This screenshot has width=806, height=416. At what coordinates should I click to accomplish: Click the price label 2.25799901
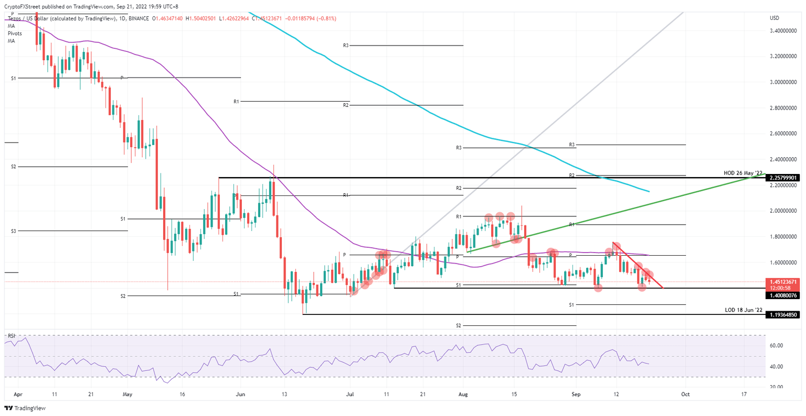point(783,178)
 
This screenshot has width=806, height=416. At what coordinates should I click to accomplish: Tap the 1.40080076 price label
point(783,295)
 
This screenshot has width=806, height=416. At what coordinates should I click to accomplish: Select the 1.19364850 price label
point(783,315)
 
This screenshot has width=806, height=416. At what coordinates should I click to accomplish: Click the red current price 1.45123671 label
point(783,282)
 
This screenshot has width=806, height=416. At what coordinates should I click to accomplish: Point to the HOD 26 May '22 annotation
point(743,173)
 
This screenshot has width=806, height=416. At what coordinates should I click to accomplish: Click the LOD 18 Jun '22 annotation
point(743,310)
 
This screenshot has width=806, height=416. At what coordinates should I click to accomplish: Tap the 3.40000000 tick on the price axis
point(783,31)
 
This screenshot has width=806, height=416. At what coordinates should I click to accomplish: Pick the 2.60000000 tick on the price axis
point(783,134)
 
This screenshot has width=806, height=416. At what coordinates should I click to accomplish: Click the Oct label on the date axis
point(685,393)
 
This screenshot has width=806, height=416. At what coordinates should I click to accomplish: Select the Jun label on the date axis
point(240,393)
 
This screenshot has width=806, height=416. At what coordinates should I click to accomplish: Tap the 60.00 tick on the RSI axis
point(777,346)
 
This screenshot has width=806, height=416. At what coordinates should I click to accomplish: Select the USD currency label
point(774,18)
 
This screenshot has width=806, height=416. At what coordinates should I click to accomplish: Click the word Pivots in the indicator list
point(15,33)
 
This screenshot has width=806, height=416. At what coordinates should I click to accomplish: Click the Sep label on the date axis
point(576,393)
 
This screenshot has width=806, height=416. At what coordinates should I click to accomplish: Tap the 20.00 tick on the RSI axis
point(777,387)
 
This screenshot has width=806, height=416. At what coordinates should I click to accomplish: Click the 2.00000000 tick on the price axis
point(783,211)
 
